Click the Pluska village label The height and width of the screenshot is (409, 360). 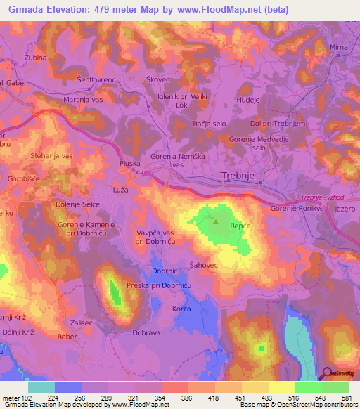[129, 163]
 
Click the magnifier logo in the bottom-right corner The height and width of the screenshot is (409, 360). [329, 374]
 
